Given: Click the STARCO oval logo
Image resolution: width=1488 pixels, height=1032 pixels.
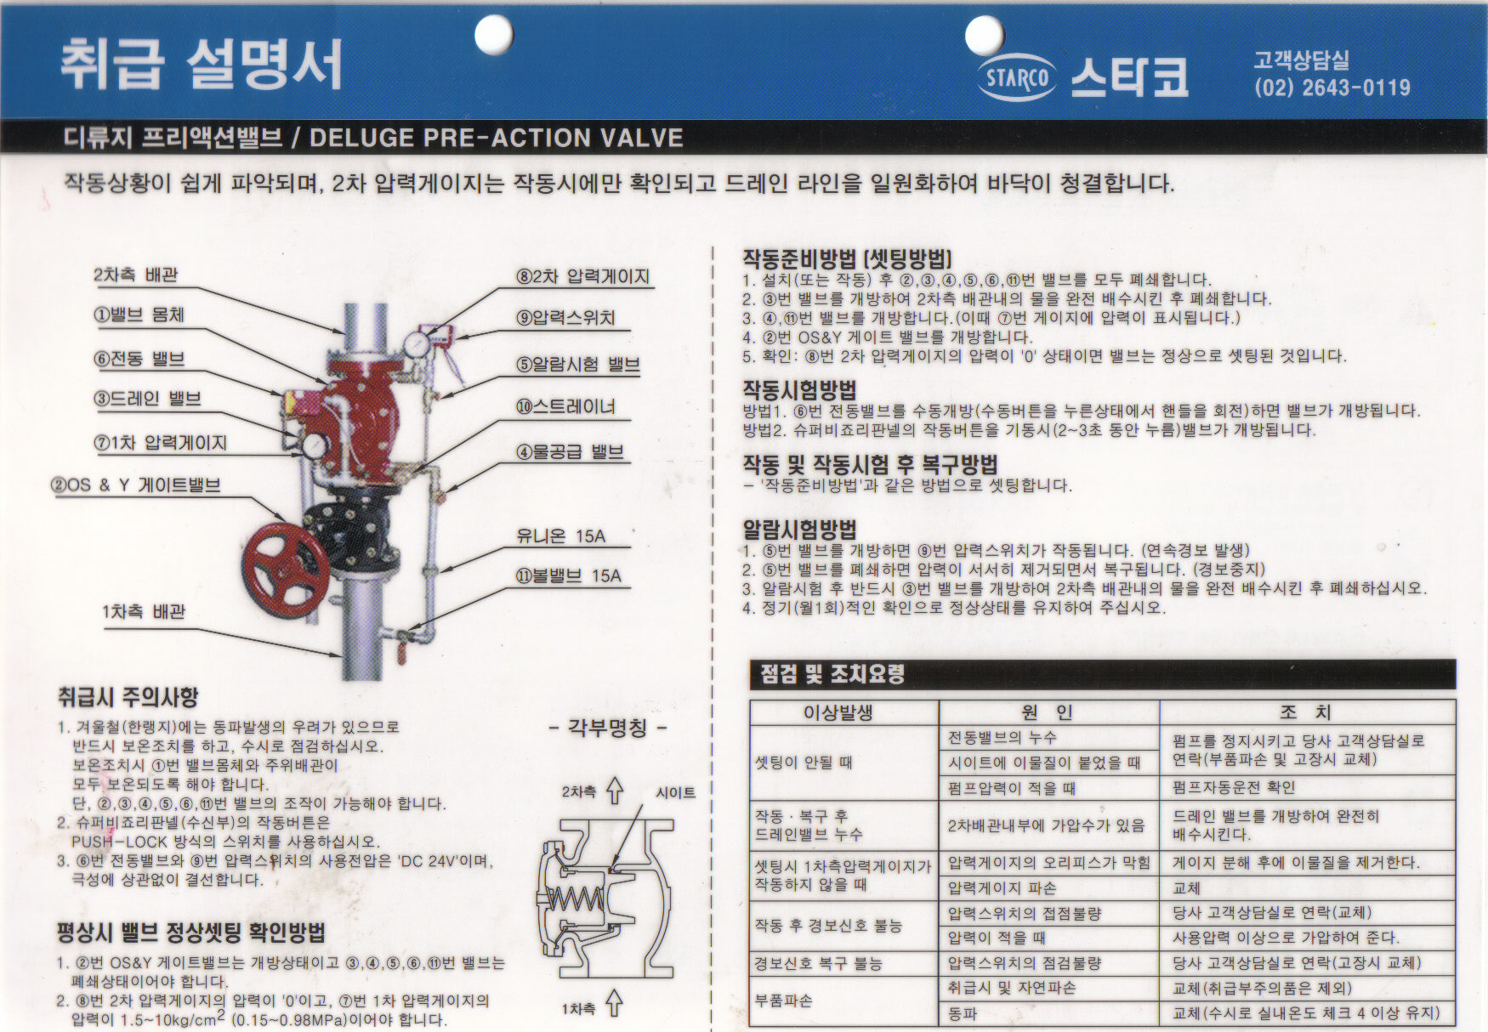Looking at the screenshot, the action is (1017, 78).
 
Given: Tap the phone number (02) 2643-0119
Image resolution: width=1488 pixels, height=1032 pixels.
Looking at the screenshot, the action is (1332, 88).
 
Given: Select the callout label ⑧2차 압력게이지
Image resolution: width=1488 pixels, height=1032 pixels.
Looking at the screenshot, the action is (583, 276).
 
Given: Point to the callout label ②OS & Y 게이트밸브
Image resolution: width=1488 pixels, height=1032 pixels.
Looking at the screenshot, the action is (136, 485).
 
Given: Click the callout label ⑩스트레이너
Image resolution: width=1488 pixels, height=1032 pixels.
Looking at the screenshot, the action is (565, 406).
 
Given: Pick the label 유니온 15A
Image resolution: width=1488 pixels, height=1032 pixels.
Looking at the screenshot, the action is (560, 536).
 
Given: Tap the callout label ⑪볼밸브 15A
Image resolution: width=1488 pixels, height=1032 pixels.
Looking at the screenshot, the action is (568, 576).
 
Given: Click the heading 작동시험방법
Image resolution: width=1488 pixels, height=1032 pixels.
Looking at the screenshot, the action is (799, 389).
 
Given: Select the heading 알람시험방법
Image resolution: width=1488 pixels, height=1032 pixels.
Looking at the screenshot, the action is (799, 530).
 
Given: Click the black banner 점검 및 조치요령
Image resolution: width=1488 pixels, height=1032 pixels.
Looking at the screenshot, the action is (1103, 674).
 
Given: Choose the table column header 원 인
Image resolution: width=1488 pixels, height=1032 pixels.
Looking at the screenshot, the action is (1048, 712).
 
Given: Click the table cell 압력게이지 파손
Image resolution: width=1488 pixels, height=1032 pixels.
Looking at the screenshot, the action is (1002, 888).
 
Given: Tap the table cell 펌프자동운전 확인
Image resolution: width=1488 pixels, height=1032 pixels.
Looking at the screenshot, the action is (1234, 787).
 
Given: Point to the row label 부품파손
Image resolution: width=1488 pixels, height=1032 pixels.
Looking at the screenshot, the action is (783, 1001).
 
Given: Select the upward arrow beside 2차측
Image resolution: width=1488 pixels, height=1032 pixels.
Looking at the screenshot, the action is (615, 791).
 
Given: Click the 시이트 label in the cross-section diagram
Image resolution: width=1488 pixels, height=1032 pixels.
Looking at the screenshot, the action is (675, 792).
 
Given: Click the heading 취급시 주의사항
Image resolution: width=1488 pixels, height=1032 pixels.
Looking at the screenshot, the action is (128, 697).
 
